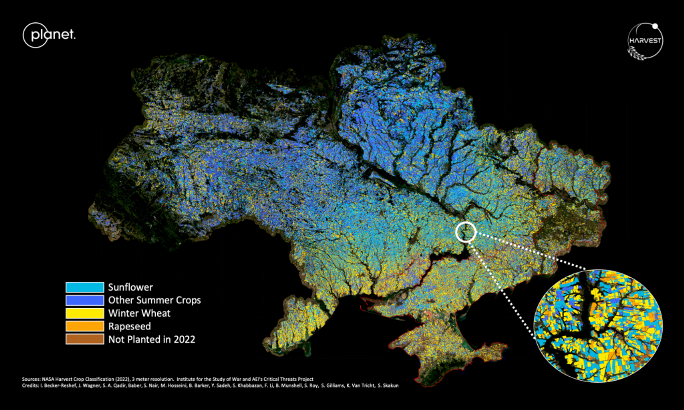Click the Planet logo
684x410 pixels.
pyautogui.click(x=49, y=35)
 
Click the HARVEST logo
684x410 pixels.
pyautogui.click(x=645, y=41)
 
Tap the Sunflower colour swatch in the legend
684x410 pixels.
pyautogui.click(x=85, y=287)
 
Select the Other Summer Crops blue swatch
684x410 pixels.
pyautogui.click(x=85, y=300)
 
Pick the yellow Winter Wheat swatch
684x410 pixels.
pyautogui.click(x=85, y=313)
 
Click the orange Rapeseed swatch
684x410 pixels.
pyautogui.click(x=85, y=326)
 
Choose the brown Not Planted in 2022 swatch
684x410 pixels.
pyautogui.click(x=85, y=339)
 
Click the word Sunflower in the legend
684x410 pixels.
pyautogui.click(x=130, y=287)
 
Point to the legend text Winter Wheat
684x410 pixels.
pyautogui.click(x=139, y=313)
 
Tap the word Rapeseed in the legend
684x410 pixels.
pyautogui.click(x=130, y=326)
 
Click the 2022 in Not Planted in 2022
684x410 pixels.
pyautogui.click(x=184, y=339)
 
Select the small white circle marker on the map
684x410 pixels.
pyautogui.click(x=466, y=232)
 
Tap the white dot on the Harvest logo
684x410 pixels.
pyautogui.click(x=655, y=26)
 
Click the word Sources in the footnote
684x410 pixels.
pyautogui.click(x=31, y=379)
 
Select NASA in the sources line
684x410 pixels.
pyautogui.click(x=48, y=379)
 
